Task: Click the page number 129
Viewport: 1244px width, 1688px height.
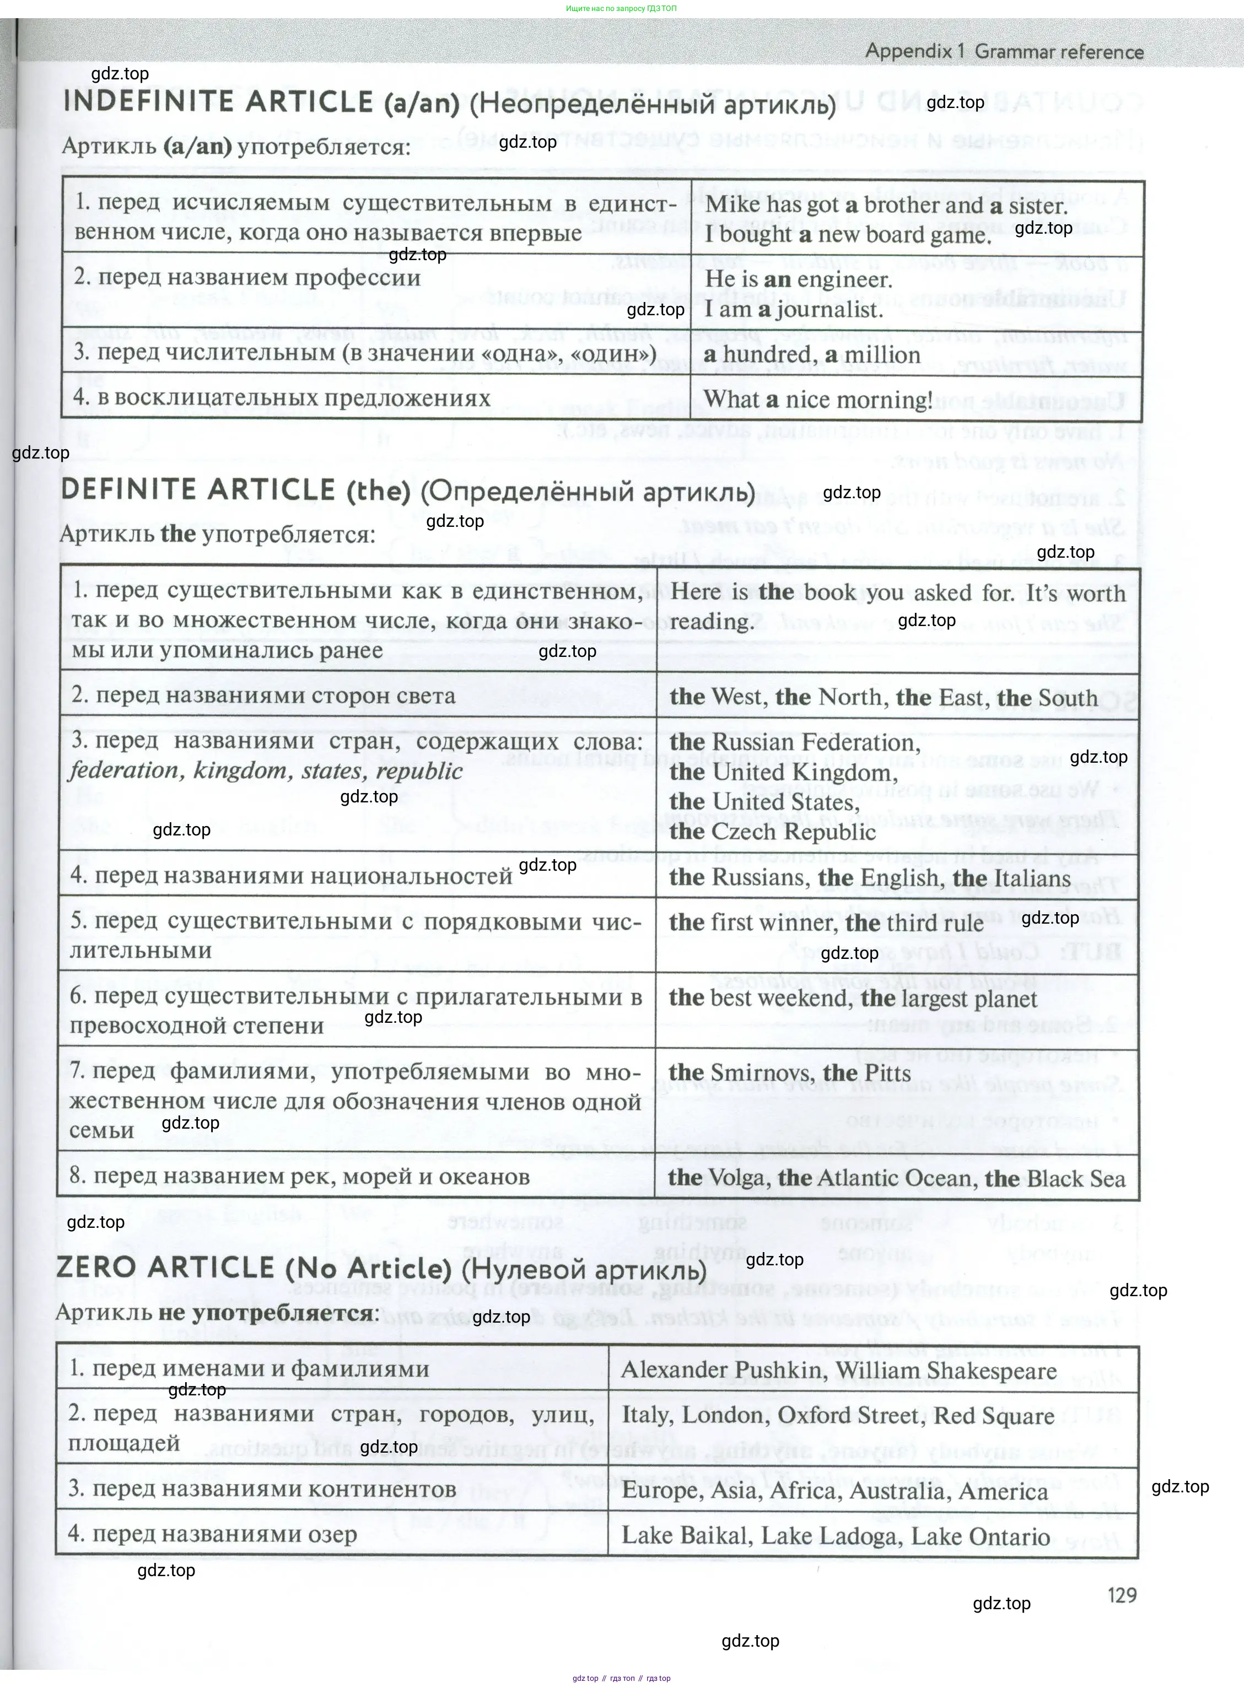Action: [1121, 1595]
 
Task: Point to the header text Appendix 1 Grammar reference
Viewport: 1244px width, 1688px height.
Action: [1004, 52]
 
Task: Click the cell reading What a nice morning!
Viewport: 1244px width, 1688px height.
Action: [818, 400]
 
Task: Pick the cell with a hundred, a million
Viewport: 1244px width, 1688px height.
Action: [812, 354]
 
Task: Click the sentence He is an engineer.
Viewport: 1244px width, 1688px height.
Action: [798, 280]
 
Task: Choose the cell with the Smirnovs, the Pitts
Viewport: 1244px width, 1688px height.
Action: [789, 1073]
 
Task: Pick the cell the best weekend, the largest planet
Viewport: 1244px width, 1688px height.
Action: [853, 999]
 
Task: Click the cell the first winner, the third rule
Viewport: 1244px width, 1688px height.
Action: [826, 923]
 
